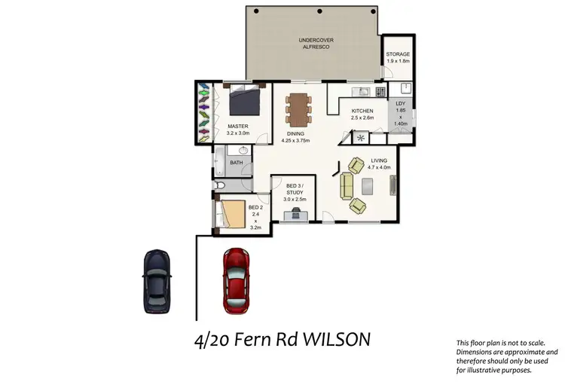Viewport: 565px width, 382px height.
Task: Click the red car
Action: (x=236, y=280)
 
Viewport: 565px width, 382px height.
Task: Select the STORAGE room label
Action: (x=398, y=55)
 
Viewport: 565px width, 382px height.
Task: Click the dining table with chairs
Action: (x=299, y=108)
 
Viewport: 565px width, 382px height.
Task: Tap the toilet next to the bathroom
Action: (x=221, y=185)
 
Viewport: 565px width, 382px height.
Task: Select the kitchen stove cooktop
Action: (x=381, y=93)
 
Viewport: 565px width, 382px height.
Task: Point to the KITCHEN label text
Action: (x=362, y=111)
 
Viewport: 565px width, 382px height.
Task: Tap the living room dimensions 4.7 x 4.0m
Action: (x=379, y=167)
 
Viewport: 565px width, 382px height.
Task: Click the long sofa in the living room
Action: (x=348, y=186)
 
